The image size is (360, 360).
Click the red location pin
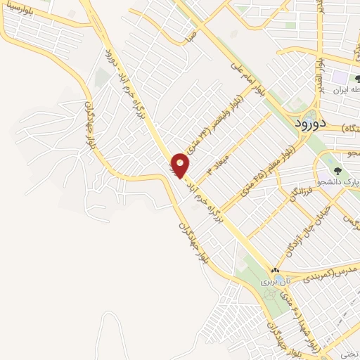(181, 165)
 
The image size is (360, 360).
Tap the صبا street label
(190, 38)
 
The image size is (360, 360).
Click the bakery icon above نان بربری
(275, 270)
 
